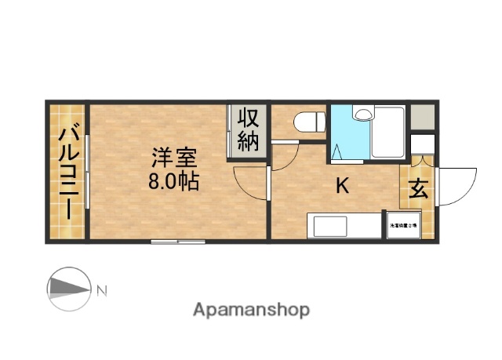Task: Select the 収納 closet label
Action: coord(249,130)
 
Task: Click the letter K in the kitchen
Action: coord(342,187)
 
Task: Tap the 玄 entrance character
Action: coord(417,190)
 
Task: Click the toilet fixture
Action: coord(310,122)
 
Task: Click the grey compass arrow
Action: coord(69,289)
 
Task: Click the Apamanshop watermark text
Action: coord(251,310)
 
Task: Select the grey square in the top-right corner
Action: coord(421,115)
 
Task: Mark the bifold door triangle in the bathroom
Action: coord(337,151)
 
